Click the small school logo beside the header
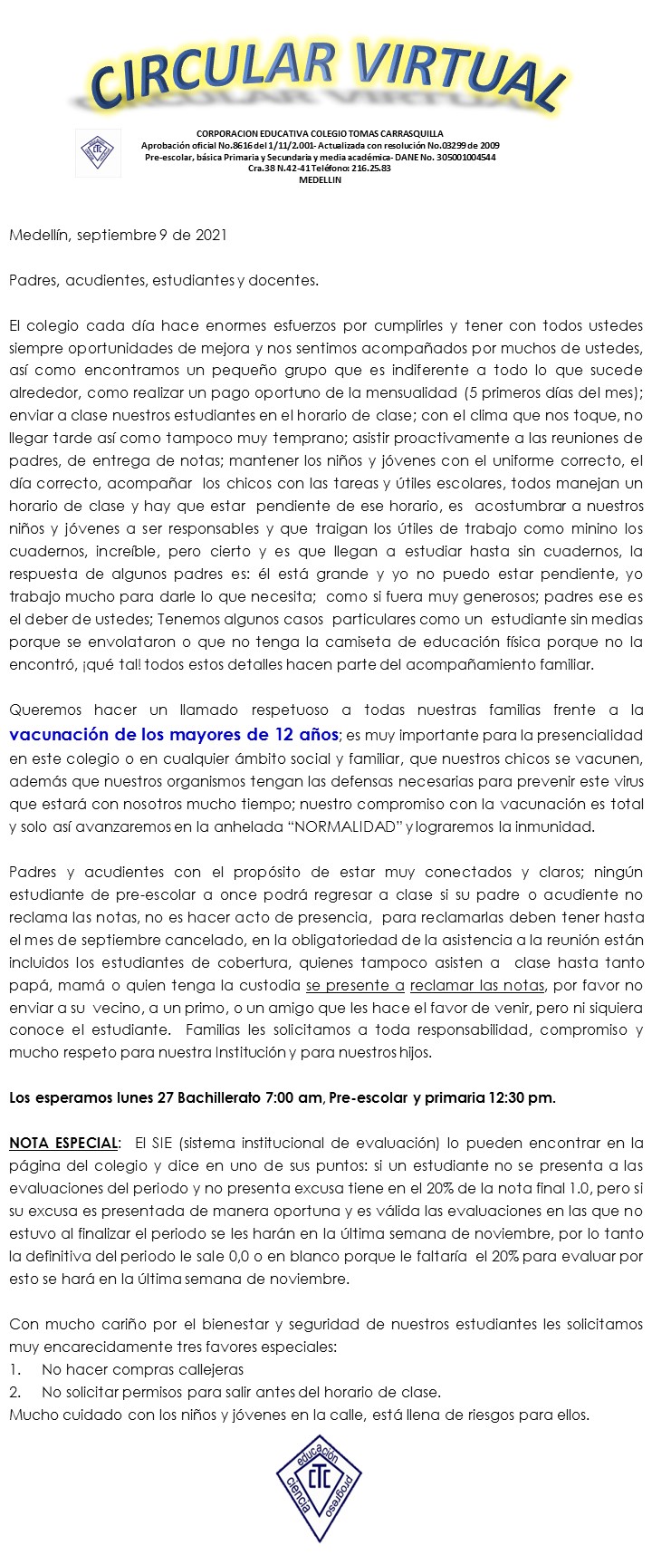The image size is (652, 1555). (98, 151)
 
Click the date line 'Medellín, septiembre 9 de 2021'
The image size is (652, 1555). (118, 236)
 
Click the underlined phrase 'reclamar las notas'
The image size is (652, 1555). (477, 985)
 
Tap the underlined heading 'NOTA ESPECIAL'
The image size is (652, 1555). (63, 1144)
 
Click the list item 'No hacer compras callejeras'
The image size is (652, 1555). (142, 1369)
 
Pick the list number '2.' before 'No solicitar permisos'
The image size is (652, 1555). (15, 1392)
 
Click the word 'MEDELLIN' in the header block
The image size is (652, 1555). (320, 180)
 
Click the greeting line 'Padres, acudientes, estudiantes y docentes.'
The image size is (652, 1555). (164, 281)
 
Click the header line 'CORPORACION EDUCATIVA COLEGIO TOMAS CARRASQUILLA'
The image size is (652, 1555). (320, 133)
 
